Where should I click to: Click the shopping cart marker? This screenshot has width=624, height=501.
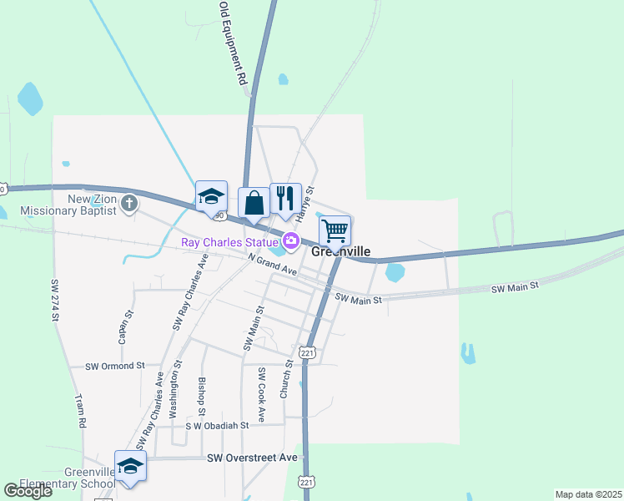(x=335, y=230)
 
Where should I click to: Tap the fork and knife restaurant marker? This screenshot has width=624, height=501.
(x=285, y=198)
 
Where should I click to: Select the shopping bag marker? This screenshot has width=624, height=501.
(x=254, y=202)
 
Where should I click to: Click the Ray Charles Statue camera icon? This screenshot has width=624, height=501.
(x=290, y=242)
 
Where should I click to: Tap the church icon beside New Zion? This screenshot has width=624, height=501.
(x=128, y=203)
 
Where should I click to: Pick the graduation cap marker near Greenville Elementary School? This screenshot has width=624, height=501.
(x=130, y=466)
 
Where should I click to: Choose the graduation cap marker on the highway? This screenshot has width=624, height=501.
(x=211, y=196)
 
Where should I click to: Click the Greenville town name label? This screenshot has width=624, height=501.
(x=340, y=251)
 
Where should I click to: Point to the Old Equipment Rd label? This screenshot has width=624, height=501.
(x=233, y=44)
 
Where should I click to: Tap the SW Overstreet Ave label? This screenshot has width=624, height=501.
(x=252, y=458)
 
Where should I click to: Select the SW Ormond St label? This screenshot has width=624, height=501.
(x=115, y=366)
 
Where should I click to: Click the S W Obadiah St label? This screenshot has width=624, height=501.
(x=217, y=426)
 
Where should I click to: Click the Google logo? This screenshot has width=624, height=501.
(x=28, y=491)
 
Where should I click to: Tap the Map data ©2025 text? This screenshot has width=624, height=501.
(x=588, y=494)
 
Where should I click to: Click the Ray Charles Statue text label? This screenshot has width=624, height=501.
(x=229, y=243)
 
